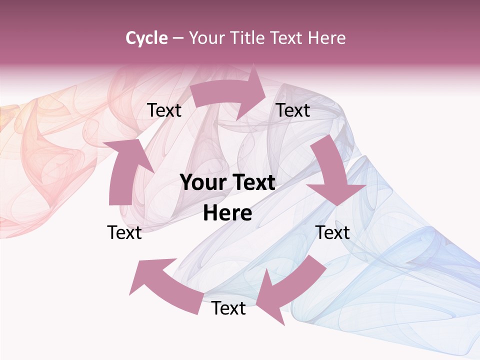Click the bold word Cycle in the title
coord(146,38)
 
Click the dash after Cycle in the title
coord(178,38)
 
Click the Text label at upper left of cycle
coord(164,110)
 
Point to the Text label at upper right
coord(293,110)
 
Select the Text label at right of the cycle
coord(332,232)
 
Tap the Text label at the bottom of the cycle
coord(228,308)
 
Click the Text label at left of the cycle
coord(124,232)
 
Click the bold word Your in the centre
coord(203,183)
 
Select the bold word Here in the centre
coord(227,213)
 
